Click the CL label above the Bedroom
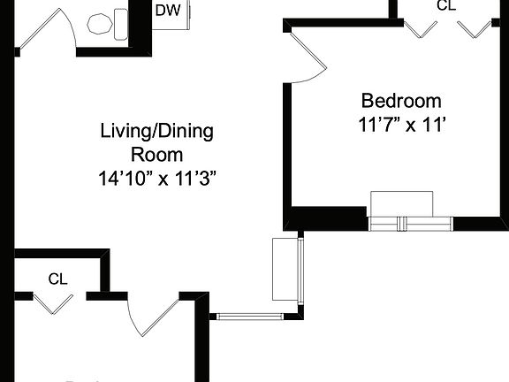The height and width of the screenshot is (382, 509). (447, 5)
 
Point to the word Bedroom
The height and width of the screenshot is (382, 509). (400, 100)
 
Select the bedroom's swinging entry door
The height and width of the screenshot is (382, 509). (309, 57)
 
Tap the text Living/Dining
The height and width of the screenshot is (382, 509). (156, 133)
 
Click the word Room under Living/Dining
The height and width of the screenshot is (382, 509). (156, 155)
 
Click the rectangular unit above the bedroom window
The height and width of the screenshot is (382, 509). (402, 202)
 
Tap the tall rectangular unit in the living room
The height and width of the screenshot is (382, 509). (285, 269)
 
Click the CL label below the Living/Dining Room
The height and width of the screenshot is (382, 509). (58, 279)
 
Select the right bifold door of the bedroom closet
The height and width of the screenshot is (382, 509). (475, 27)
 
